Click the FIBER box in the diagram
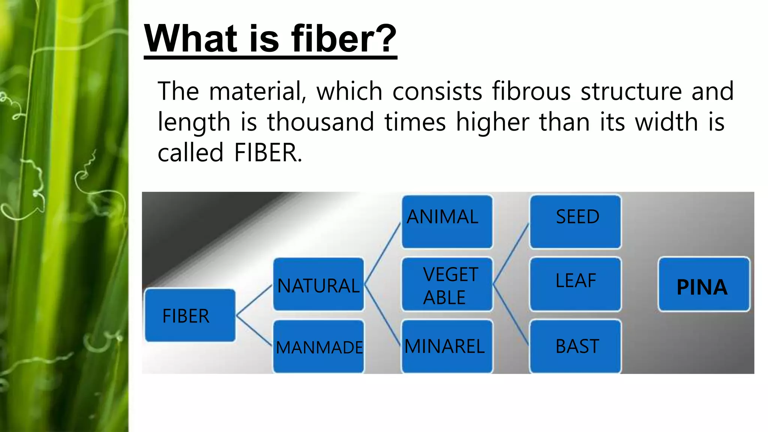(x=190, y=315)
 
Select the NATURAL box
(x=318, y=284)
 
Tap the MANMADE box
(x=318, y=346)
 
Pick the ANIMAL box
(x=447, y=221)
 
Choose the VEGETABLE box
(x=447, y=284)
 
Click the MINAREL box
(x=447, y=346)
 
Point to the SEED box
(x=575, y=221)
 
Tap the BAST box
(x=575, y=346)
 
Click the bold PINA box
(x=704, y=284)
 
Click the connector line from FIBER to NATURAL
(x=254, y=300)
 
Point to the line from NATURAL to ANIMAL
(x=382, y=253)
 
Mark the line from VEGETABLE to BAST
(x=511, y=315)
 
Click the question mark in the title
(x=385, y=38)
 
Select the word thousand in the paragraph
(x=321, y=122)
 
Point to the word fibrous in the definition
(x=531, y=91)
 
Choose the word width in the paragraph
(x=666, y=122)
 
